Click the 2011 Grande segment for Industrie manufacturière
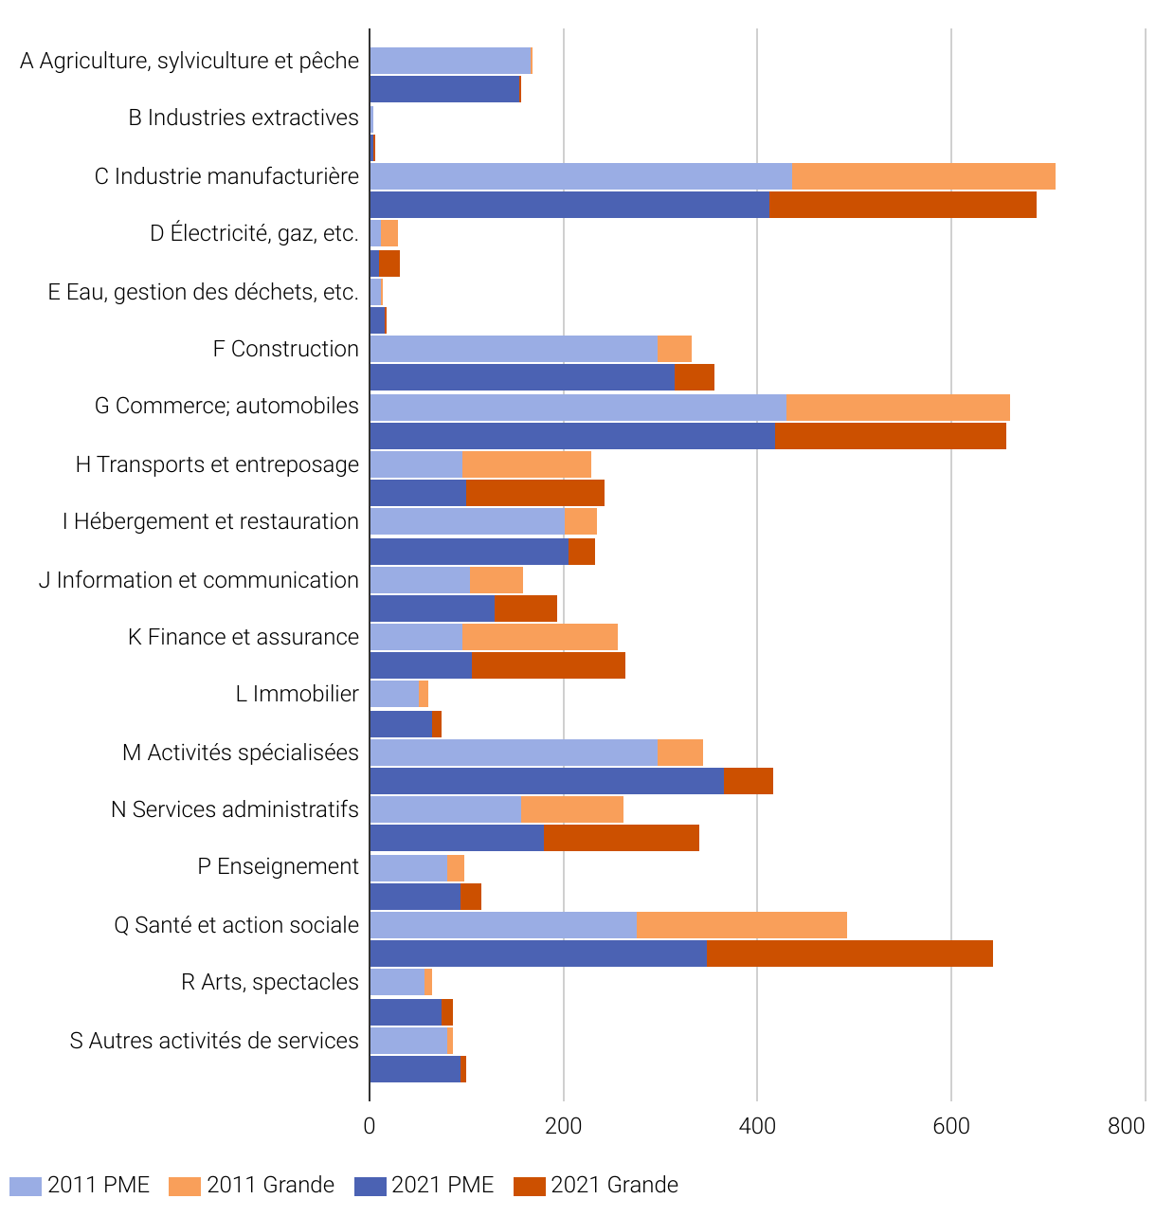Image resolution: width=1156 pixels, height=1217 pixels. (923, 176)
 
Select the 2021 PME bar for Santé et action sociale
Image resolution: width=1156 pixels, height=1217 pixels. (537, 954)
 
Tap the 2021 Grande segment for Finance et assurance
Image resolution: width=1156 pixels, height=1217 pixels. (548, 665)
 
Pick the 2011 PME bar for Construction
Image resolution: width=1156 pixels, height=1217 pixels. (513, 349)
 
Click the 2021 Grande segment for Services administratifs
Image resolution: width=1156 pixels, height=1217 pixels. (621, 838)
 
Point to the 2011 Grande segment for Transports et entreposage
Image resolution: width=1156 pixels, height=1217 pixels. (526, 464)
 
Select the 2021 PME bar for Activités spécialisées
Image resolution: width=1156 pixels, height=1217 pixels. (546, 781)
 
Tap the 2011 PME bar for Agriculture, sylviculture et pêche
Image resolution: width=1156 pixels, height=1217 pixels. (449, 61)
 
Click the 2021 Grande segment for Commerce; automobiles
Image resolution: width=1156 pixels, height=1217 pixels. (890, 436)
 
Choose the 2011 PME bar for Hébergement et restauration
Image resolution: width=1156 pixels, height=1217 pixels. (466, 521)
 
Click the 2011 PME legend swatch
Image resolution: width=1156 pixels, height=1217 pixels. (26, 1186)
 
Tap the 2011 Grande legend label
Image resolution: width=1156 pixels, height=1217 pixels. (270, 1186)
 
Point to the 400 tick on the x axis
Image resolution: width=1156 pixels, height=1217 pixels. (757, 1125)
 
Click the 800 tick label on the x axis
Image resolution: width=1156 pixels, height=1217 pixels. (1126, 1125)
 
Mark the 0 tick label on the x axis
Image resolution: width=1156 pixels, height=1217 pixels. (370, 1125)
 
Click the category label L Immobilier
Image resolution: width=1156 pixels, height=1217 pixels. (297, 694)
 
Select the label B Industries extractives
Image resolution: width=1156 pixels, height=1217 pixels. (244, 118)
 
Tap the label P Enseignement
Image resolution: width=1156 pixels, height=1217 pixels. (278, 866)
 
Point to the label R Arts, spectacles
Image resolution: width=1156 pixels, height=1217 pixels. (270, 982)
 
